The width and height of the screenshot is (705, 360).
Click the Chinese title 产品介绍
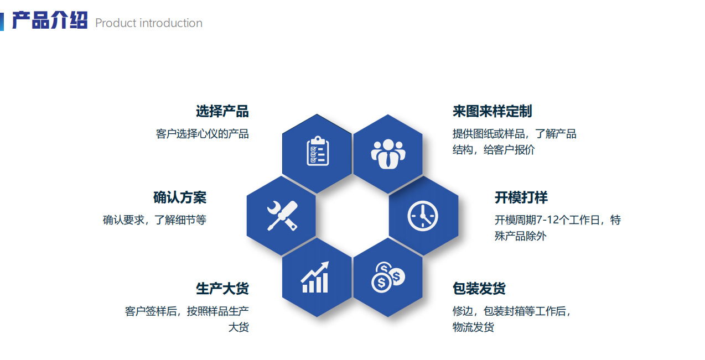[50, 21]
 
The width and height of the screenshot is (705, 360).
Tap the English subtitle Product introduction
[149, 23]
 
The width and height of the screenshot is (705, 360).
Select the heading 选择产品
[222, 111]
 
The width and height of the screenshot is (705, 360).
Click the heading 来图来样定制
[492, 111]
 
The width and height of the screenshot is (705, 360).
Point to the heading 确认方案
[180, 197]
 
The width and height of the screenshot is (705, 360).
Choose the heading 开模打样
[521, 197]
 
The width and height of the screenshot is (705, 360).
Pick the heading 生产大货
[222, 288]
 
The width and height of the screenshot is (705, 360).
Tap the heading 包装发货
[479, 288]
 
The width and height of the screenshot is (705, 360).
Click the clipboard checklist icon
[318, 150]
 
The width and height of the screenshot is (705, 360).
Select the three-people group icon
[388, 153]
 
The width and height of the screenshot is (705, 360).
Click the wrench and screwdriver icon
[282, 215]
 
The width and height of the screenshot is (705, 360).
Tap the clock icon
[423, 215]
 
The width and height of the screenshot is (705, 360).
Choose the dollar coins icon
[387, 277]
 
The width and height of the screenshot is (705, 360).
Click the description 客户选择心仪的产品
[202, 134]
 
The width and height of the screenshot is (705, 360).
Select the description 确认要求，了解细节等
[154, 220]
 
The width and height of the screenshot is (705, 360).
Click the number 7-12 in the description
[549, 220]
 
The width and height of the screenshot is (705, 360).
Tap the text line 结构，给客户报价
[494, 150]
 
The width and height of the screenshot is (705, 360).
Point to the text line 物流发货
[473, 327]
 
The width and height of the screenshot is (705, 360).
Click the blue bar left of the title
[2, 22]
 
